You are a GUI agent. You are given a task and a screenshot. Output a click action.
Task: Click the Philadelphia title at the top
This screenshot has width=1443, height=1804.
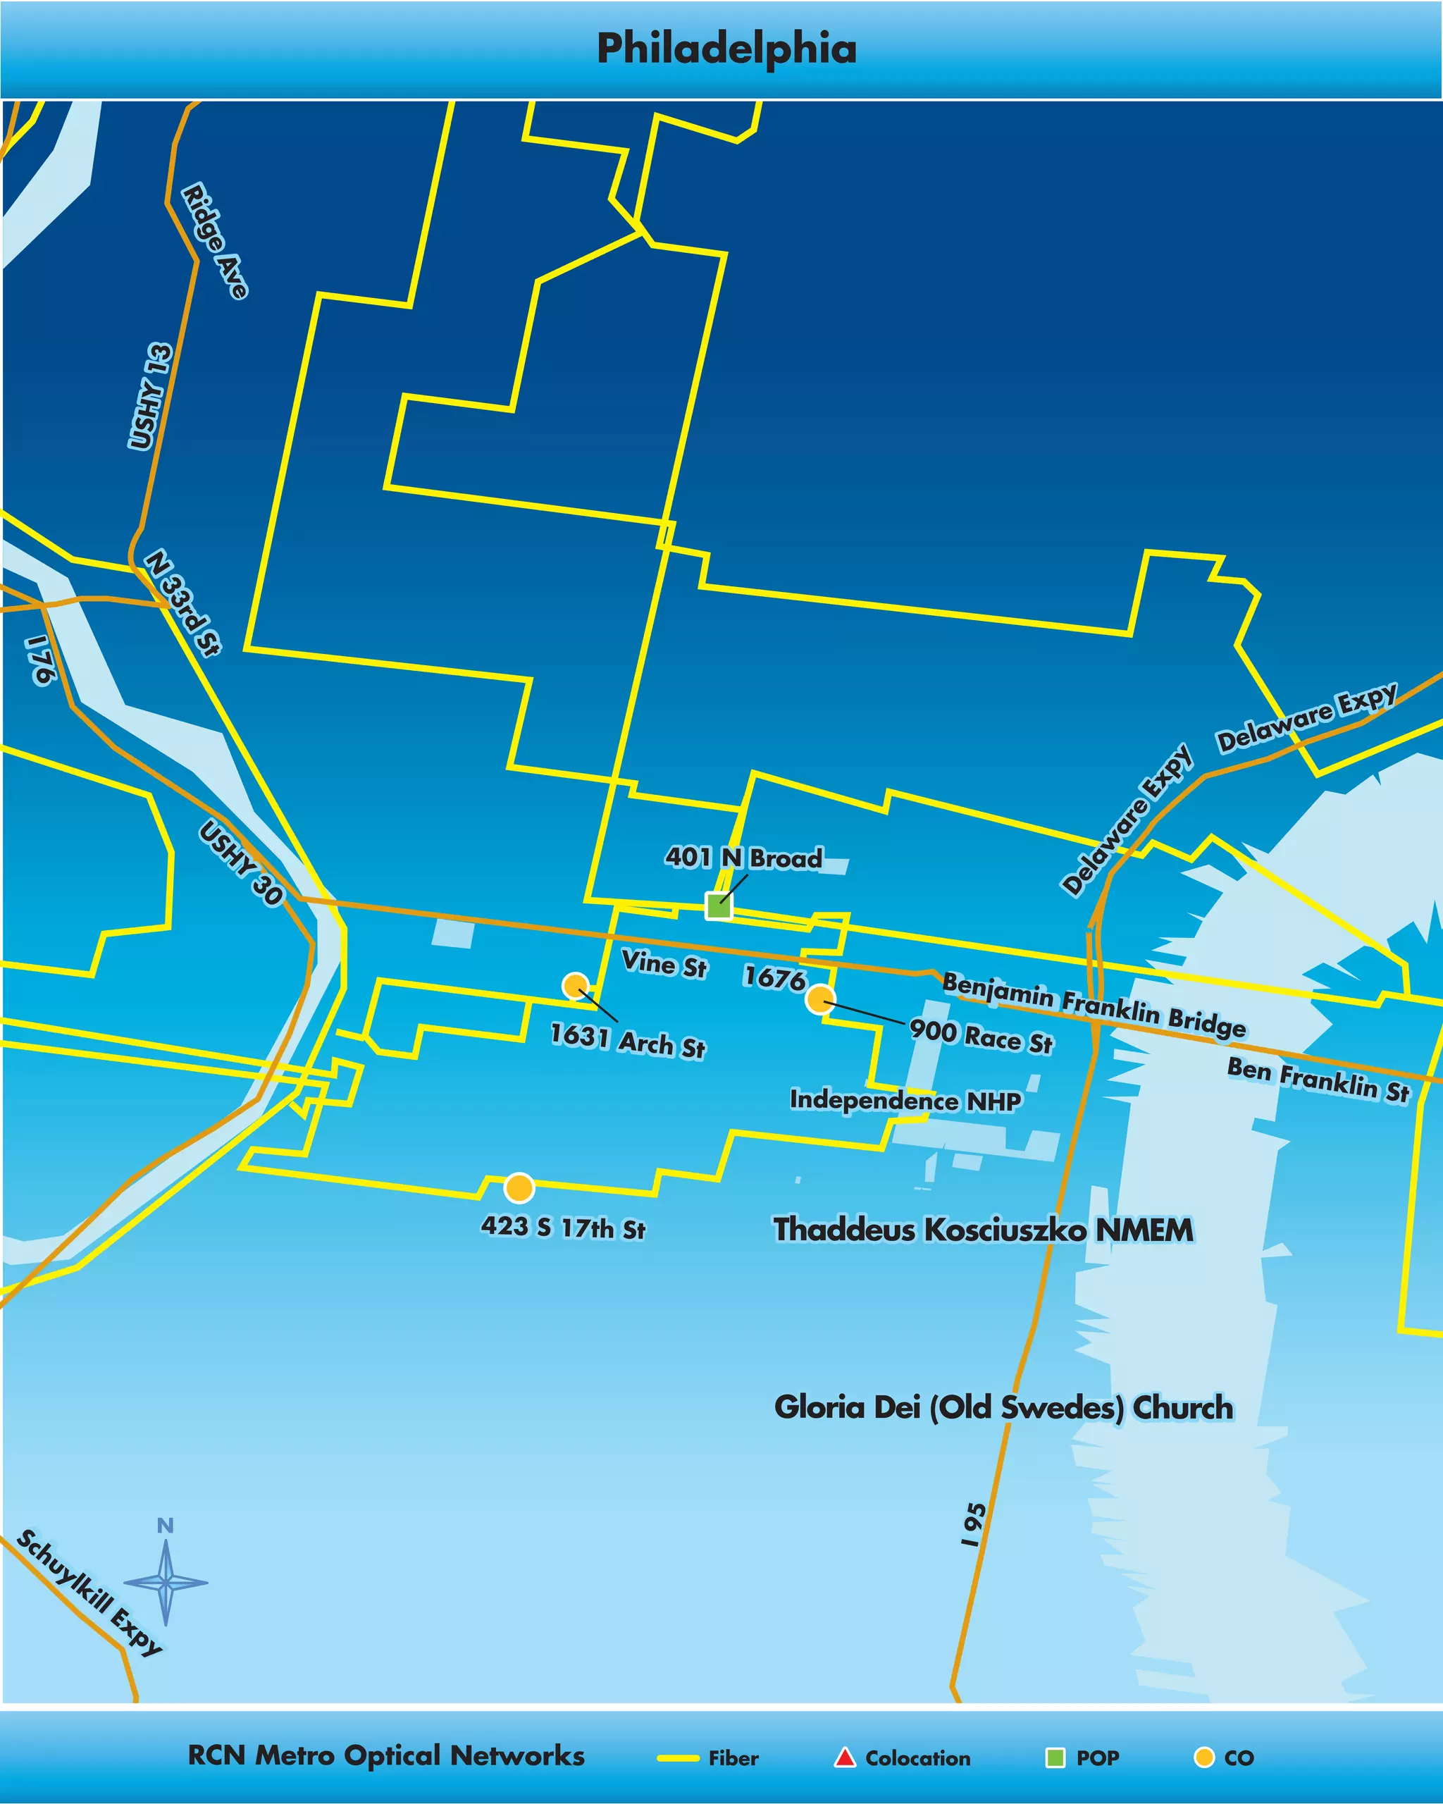pyautogui.click(x=726, y=49)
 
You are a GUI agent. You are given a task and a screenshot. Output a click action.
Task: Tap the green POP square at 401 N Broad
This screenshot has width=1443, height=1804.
pyautogui.click(x=718, y=906)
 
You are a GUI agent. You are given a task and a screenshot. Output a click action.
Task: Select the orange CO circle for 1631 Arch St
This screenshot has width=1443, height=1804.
pyautogui.click(x=576, y=986)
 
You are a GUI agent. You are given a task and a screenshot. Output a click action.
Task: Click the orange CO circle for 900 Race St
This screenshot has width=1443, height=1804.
pyautogui.click(x=821, y=999)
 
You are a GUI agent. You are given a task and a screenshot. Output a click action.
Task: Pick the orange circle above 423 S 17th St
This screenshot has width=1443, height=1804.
pyautogui.click(x=519, y=1187)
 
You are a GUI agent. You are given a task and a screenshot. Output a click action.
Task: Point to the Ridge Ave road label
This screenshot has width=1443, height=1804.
pyautogui.click(x=215, y=241)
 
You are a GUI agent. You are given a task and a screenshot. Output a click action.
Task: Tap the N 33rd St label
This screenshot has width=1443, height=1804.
pyautogui.click(x=183, y=603)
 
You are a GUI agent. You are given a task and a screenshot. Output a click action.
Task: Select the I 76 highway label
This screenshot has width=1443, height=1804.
pyautogui.click(x=40, y=660)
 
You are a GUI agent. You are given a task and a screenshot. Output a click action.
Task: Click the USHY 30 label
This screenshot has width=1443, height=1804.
pyautogui.click(x=241, y=863)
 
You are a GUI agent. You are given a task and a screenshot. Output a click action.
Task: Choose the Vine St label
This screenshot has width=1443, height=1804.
pyautogui.click(x=664, y=964)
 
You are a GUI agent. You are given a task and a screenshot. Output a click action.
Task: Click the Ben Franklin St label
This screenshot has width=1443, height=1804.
pyautogui.click(x=1318, y=1080)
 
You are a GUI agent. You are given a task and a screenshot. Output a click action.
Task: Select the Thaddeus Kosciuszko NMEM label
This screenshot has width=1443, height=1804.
pyautogui.click(x=984, y=1230)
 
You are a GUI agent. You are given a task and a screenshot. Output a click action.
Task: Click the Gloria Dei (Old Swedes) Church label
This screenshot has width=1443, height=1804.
pyautogui.click(x=1003, y=1407)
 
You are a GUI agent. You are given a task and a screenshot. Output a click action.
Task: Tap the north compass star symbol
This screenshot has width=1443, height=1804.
pyautogui.click(x=166, y=1581)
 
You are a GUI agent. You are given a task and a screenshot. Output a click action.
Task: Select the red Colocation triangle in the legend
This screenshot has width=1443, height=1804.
pyautogui.click(x=845, y=1757)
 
